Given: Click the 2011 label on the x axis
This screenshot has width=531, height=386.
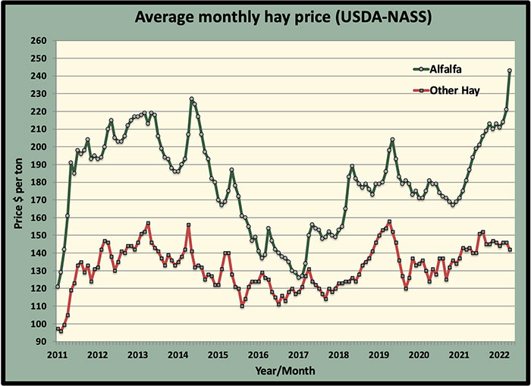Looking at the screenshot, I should point(57,355).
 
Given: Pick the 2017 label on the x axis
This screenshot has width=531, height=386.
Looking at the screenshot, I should point(298,355).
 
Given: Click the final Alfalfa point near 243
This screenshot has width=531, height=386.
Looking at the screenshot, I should point(509,71).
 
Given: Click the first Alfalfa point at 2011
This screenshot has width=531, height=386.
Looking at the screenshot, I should point(57,287).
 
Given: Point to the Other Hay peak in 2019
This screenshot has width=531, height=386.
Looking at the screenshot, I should point(389,222).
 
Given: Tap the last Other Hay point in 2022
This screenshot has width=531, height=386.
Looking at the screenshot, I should point(509,249).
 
